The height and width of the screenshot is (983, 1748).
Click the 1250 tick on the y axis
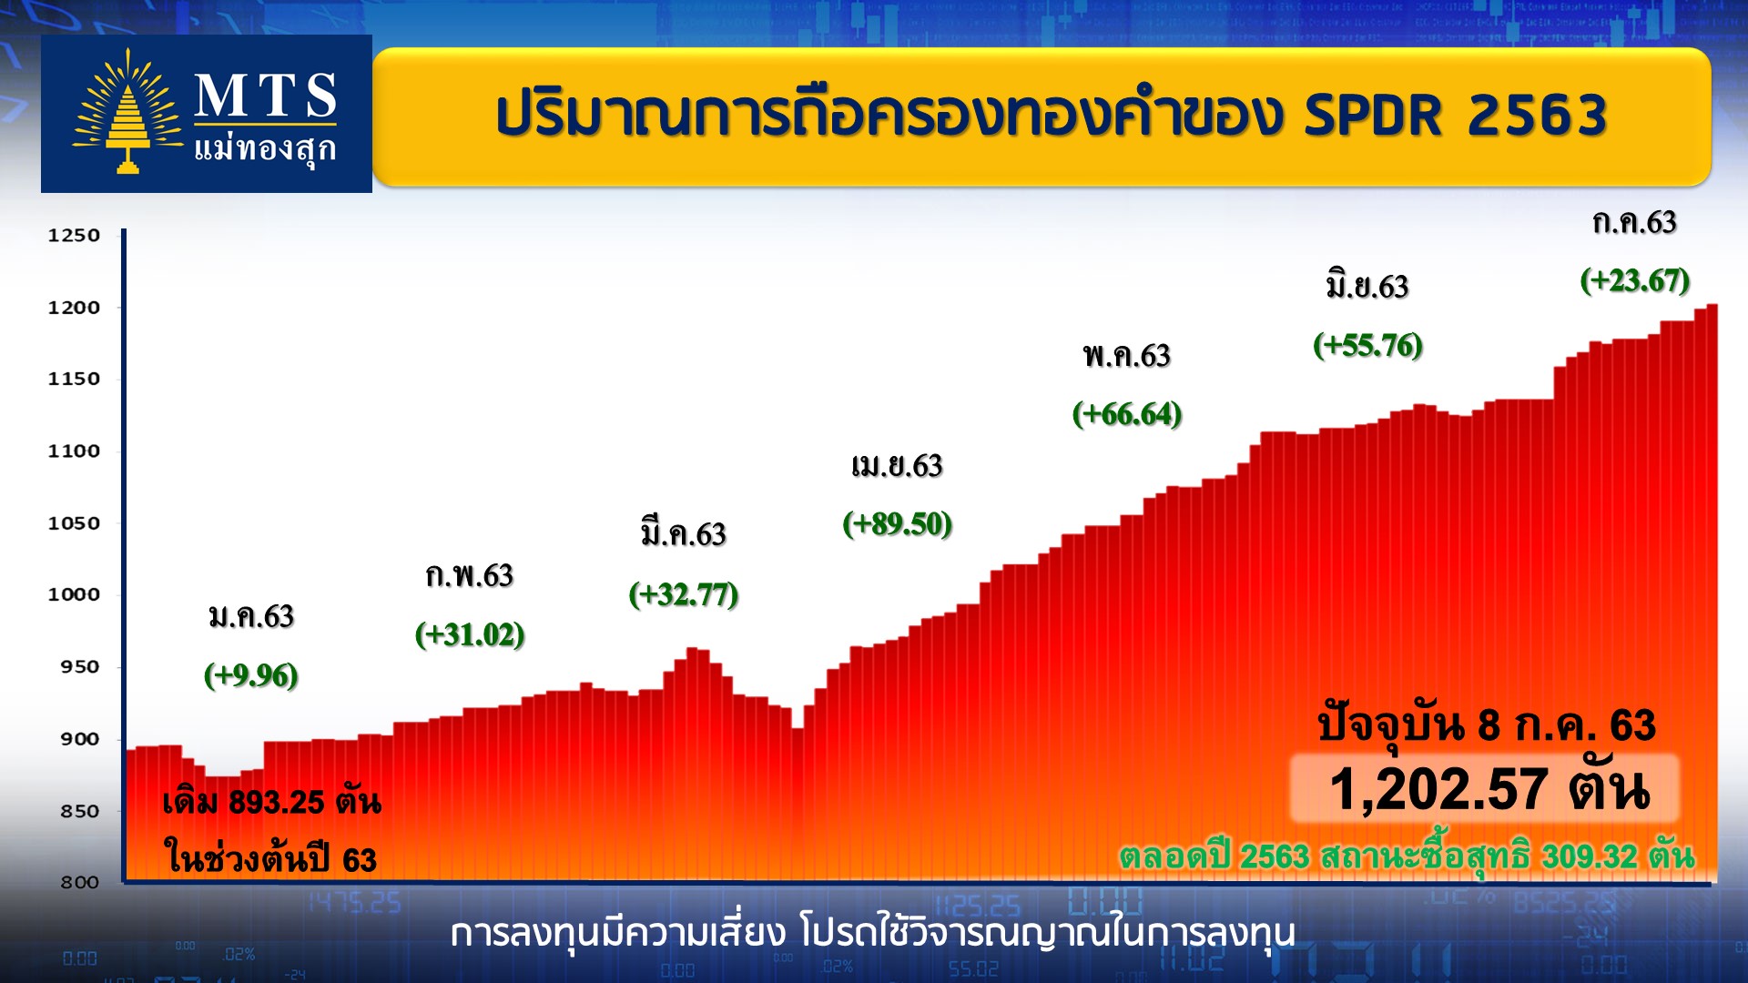click(74, 235)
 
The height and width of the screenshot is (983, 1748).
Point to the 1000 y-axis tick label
click(74, 594)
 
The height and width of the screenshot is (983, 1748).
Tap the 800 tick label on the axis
click(79, 882)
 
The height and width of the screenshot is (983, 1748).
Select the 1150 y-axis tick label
click(74, 379)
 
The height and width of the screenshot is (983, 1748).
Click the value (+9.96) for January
click(250, 675)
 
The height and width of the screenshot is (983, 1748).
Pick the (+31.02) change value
click(470, 634)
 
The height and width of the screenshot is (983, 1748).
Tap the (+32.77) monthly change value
click(684, 594)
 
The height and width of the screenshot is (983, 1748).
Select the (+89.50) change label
click(898, 523)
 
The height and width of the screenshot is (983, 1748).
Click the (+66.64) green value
click(1127, 414)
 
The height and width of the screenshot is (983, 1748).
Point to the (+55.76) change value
click(1367, 345)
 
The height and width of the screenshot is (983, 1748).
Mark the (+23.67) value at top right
click(1635, 279)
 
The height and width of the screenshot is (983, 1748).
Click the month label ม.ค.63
click(251, 617)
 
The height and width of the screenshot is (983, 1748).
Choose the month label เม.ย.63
click(898, 466)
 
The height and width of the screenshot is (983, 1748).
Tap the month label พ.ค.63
click(1127, 355)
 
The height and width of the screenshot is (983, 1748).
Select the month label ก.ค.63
click(1635, 222)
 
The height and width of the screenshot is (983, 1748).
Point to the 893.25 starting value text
click(277, 802)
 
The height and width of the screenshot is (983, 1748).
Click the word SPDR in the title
click(1374, 116)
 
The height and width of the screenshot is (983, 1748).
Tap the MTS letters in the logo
click(265, 96)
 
